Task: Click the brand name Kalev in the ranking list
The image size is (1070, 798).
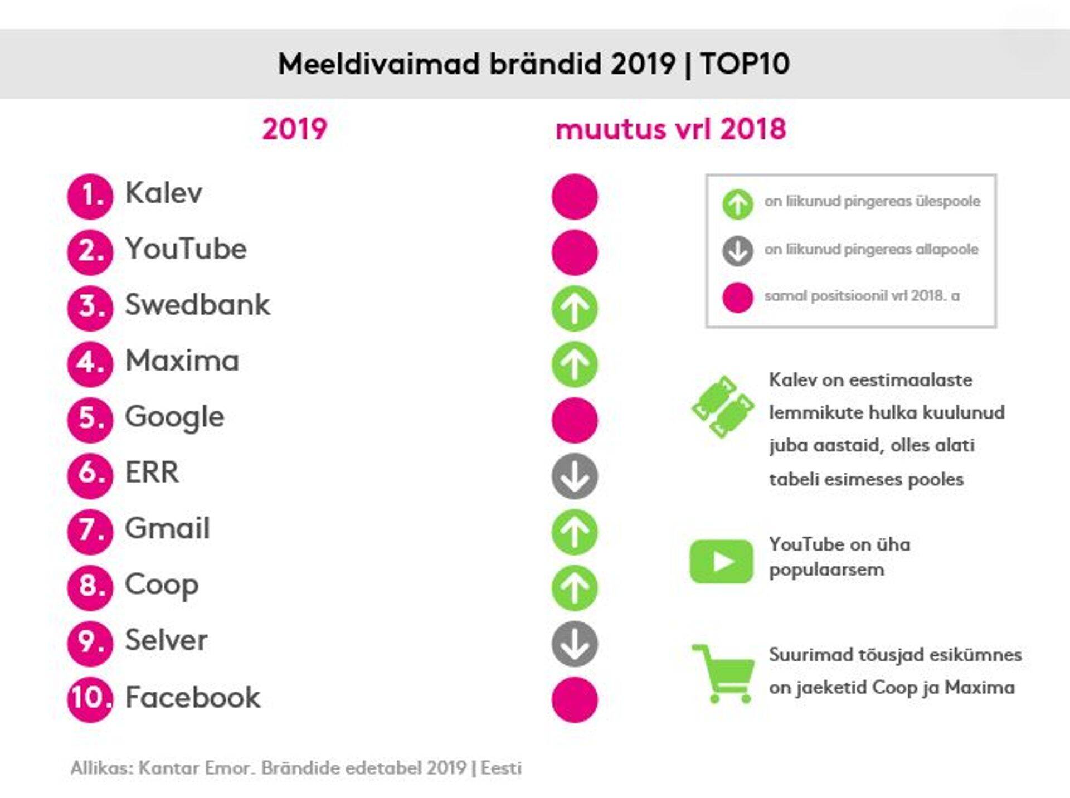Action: (163, 193)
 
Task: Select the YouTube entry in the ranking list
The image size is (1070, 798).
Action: (186, 249)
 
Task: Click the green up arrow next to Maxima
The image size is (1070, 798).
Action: (575, 364)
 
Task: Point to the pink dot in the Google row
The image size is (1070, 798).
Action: (575, 420)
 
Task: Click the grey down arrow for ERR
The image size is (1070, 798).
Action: (575, 476)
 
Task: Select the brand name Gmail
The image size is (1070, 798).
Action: (167, 528)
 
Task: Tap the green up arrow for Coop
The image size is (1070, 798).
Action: (575, 588)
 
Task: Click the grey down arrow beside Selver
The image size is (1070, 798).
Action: (575, 644)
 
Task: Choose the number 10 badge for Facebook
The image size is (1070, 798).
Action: (90, 699)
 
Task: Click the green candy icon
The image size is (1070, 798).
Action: (722, 406)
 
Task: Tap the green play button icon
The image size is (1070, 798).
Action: (721, 561)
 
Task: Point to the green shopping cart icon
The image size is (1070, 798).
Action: (723, 674)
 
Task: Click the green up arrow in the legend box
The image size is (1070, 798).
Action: (738, 204)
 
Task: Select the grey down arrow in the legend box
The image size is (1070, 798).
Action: (738, 251)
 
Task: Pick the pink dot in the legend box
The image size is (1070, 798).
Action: (738, 298)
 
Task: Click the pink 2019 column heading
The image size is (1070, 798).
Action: (294, 129)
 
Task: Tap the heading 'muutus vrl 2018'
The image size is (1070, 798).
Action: (671, 129)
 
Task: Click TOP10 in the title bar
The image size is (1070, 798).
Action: (745, 64)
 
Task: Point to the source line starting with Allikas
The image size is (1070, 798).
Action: (296, 768)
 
